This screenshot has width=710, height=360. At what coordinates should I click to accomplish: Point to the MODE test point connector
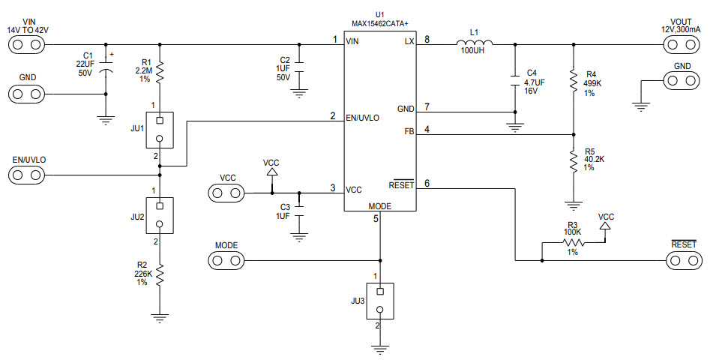pyautogui.click(x=226, y=260)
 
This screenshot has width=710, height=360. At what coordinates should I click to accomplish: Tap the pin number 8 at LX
pyautogui.click(x=427, y=39)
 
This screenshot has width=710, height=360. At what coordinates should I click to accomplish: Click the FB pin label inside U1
pyautogui.click(x=408, y=132)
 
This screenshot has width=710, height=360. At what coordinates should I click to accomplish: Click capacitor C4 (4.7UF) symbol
pyautogui.click(x=515, y=78)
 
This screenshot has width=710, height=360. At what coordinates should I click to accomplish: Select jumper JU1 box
pyautogui.click(x=160, y=130)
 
